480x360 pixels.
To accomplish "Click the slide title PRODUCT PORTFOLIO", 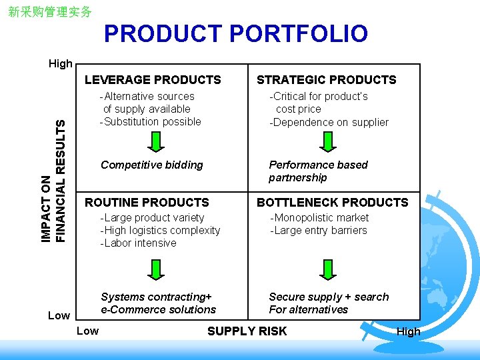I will [235, 34].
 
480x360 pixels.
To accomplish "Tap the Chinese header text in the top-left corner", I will [50, 12].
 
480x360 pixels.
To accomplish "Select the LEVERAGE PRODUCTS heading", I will [153, 80].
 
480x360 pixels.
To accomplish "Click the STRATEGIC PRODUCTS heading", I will [327, 80].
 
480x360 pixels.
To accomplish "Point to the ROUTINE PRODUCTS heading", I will [147, 202].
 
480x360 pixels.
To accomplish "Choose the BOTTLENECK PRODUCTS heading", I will [333, 202].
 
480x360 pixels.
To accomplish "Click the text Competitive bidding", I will [151, 165].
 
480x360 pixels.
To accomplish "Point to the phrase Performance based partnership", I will [318, 171].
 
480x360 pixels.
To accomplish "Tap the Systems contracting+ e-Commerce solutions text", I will [158, 303].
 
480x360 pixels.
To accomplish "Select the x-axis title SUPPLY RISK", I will [247, 331].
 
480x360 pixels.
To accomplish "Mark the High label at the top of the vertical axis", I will [61, 64].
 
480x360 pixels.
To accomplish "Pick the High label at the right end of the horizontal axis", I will [409, 331].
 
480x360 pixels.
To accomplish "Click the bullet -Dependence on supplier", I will [329, 122].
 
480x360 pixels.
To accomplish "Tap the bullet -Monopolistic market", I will [319, 217].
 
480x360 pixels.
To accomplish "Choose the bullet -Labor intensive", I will [138, 243].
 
